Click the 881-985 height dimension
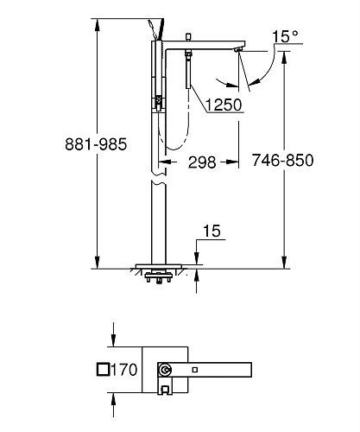click(43, 145)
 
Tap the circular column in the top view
click(164, 371)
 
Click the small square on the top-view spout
click(195, 371)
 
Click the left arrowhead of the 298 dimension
click(163, 161)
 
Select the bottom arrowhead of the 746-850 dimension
click(284, 264)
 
